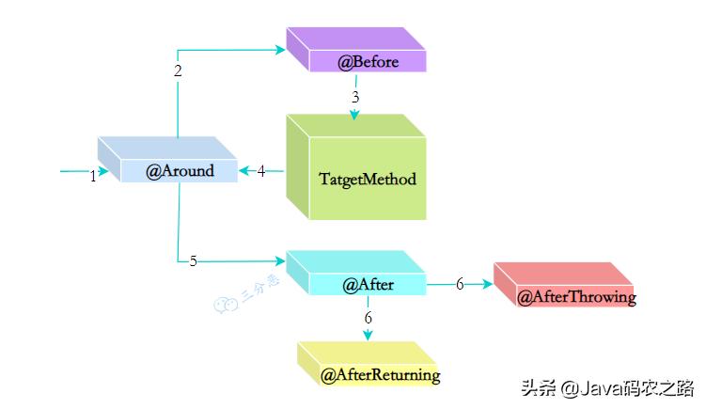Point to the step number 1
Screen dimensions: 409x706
pyautogui.click(x=93, y=176)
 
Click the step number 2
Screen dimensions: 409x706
pyautogui.click(x=178, y=71)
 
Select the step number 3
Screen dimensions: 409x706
pyautogui.click(x=355, y=97)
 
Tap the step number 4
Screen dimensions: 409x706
pyautogui.click(x=261, y=171)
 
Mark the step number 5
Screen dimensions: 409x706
pyautogui.click(x=194, y=260)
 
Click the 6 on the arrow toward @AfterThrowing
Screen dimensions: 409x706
pyautogui.click(x=460, y=284)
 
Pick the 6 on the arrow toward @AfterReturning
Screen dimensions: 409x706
pyautogui.click(x=368, y=317)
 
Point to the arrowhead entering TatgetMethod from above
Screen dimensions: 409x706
pyautogui.click(x=355, y=115)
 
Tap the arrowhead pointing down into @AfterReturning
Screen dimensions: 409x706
pyautogui.click(x=368, y=334)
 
